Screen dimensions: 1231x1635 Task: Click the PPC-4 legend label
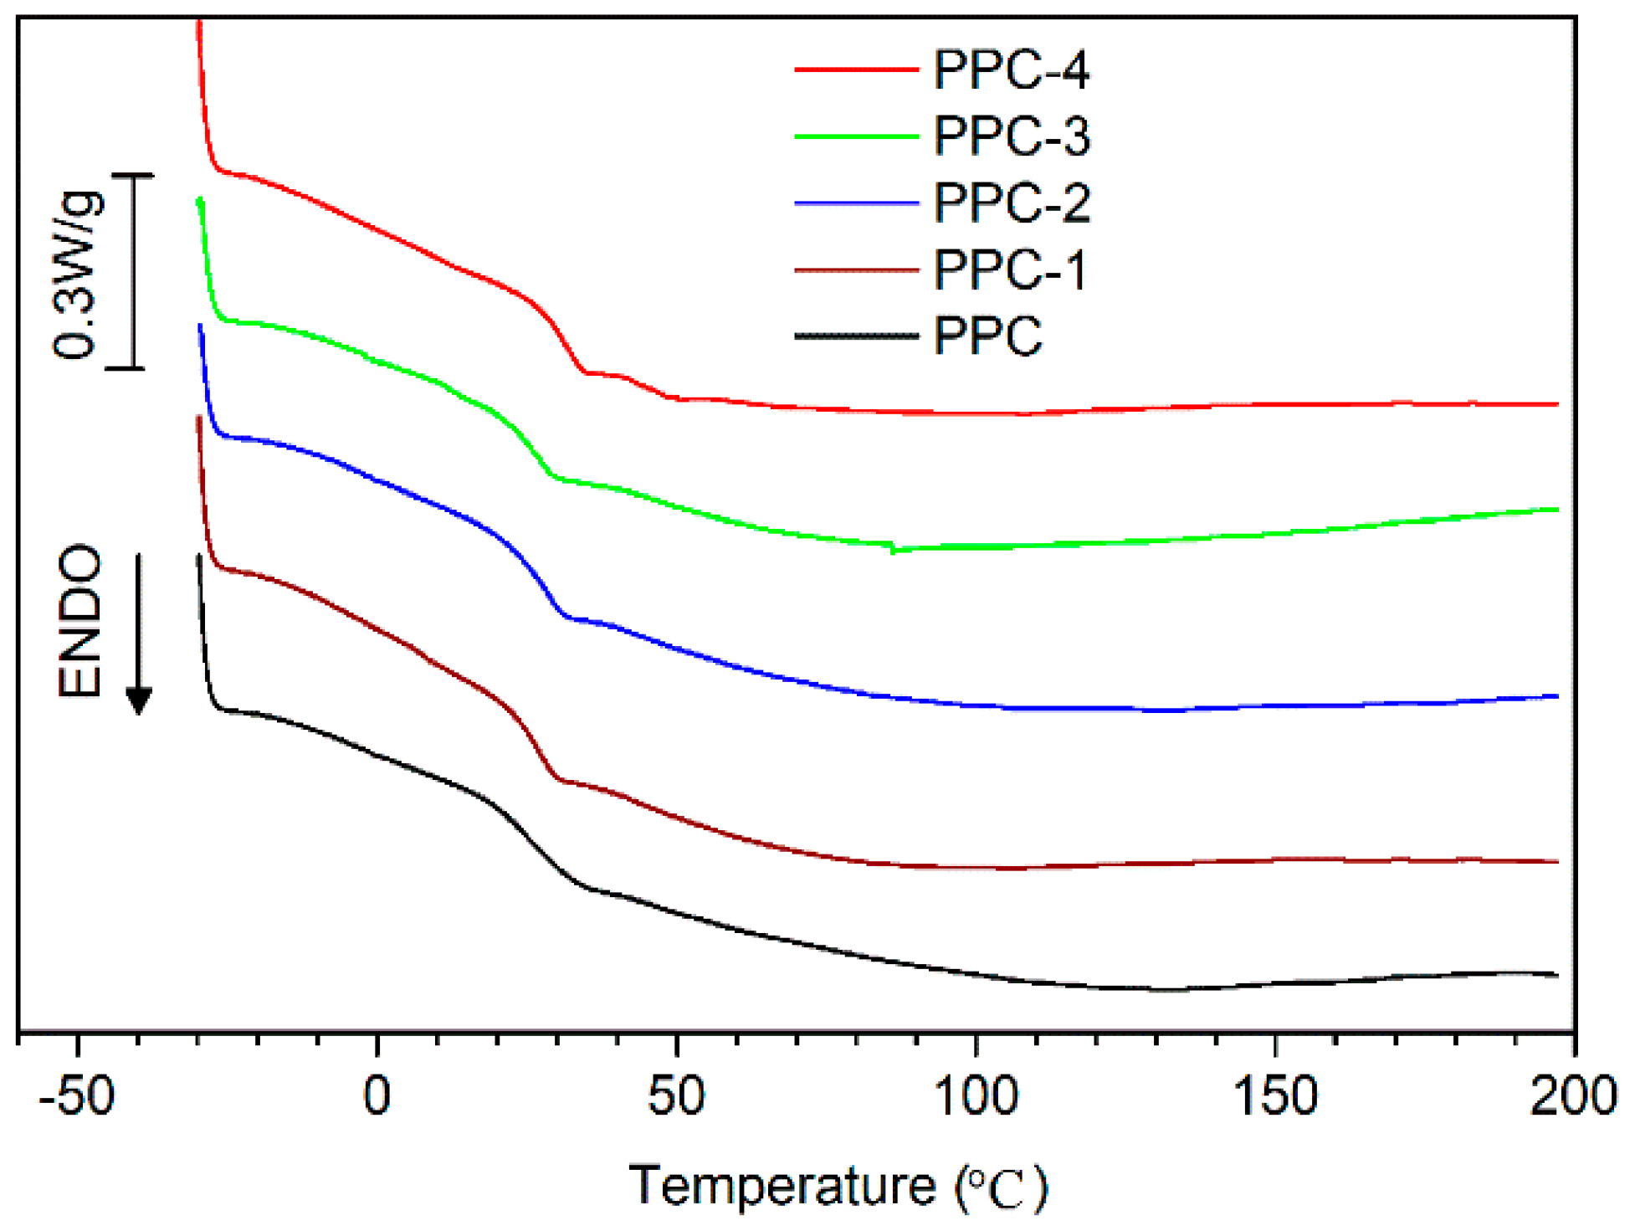pos(1011,69)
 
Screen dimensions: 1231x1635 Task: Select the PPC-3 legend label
pos(1011,136)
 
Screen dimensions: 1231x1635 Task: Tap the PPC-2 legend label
pos(1011,203)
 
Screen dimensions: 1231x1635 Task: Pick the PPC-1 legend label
pos(1009,269)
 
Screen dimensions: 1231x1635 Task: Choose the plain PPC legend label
pos(987,336)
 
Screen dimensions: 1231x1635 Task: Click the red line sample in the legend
pos(856,69)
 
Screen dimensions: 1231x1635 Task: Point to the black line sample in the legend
pos(856,336)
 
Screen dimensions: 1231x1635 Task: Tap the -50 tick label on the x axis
pos(77,1095)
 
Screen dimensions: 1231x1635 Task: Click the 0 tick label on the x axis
pos(377,1095)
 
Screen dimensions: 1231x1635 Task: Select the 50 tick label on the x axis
pos(676,1095)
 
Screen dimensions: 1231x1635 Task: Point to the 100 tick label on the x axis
pos(976,1095)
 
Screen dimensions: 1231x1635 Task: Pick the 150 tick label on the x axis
pos(1274,1095)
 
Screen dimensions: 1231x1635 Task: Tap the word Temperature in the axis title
pos(782,1186)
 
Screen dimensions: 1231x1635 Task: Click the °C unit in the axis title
pos(1001,1188)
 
